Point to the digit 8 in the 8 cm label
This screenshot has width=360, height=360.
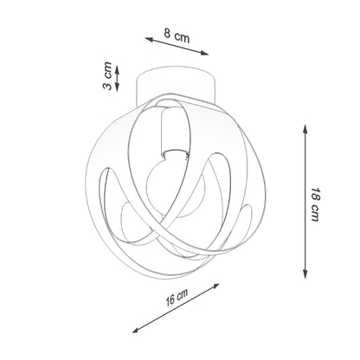(x=169, y=34)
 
